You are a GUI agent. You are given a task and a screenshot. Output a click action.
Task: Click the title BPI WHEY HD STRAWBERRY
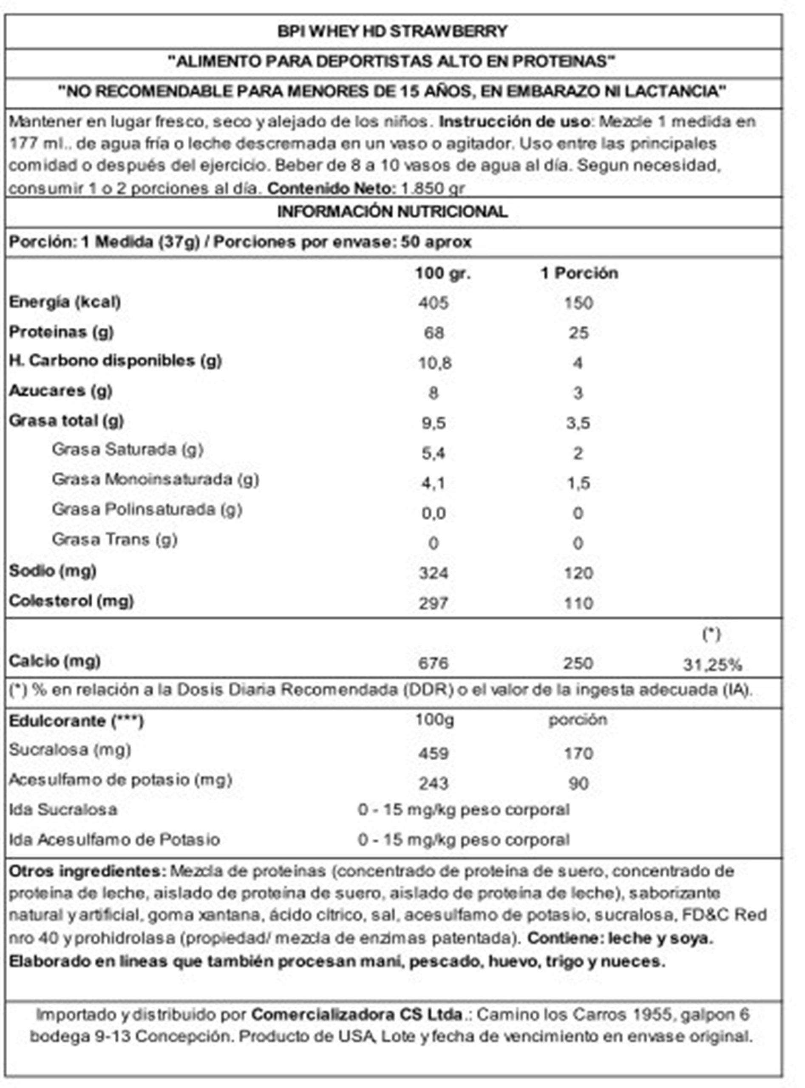click(x=392, y=32)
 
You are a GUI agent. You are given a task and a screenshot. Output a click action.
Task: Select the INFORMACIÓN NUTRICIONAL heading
click(x=392, y=212)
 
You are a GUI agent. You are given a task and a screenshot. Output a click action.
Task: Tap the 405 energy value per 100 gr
click(x=433, y=303)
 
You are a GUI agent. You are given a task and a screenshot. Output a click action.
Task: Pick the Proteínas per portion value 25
click(x=578, y=333)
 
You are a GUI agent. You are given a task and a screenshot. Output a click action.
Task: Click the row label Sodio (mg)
click(x=53, y=570)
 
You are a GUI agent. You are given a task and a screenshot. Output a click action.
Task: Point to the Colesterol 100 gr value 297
click(x=433, y=603)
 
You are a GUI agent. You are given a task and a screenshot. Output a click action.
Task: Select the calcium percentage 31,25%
click(x=712, y=664)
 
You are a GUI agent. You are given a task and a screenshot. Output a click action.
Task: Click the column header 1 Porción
click(x=579, y=273)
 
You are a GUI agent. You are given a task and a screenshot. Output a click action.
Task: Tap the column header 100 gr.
click(x=442, y=273)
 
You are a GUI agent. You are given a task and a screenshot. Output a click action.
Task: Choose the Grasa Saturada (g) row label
click(x=128, y=450)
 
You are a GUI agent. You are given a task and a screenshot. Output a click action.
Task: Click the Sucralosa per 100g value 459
click(x=433, y=753)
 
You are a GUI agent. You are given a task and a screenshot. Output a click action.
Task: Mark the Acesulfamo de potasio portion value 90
click(x=578, y=783)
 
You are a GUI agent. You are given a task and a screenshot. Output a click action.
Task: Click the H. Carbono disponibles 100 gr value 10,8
click(x=435, y=363)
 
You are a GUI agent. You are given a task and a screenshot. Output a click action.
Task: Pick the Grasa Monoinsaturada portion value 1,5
click(x=578, y=483)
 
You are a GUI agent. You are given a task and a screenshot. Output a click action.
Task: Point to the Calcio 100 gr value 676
click(x=433, y=663)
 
